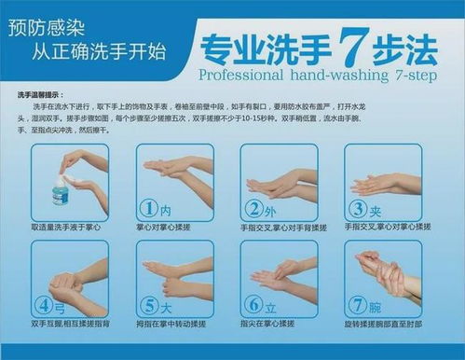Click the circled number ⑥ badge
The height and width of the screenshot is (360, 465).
pyautogui.click(x=252, y=306)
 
